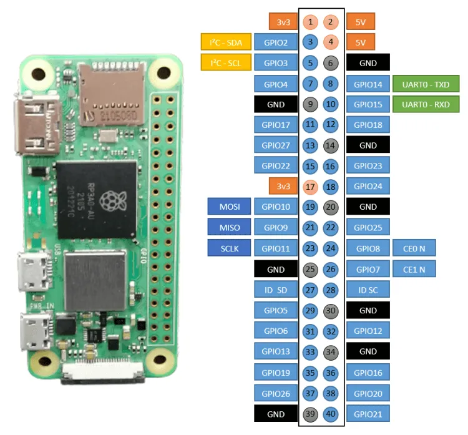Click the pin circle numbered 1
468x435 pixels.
click(x=311, y=22)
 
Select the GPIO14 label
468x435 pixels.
click(x=368, y=84)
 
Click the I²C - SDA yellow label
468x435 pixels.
click(x=225, y=42)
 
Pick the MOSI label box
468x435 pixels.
click(x=229, y=207)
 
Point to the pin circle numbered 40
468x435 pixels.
click(x=331, y=413)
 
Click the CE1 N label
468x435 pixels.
click(x=414, y=268)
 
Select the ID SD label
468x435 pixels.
click(x=276, y=289)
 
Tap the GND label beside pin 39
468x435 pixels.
click(x=276, y=413)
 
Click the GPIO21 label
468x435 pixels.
click(x=368, y=413)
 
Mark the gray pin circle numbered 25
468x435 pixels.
click(x=311, y=268)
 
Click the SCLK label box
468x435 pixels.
click(x=229, y=248)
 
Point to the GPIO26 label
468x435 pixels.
click(x=276, y=393)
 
